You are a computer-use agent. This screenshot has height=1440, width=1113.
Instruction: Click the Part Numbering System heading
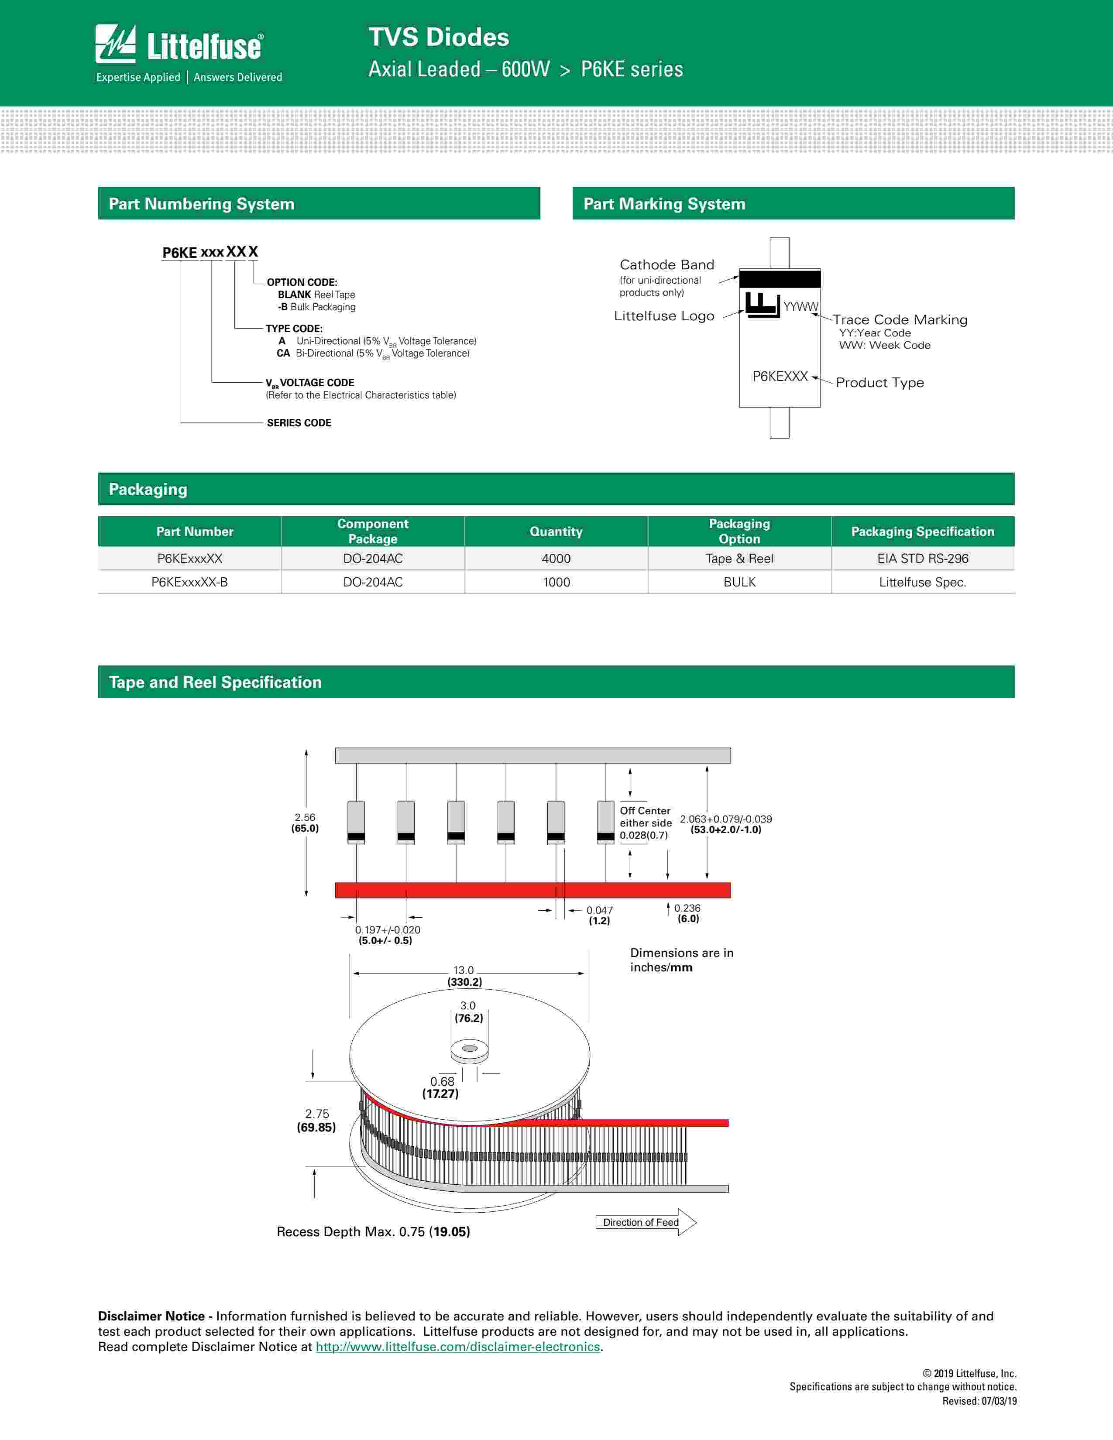pos(202,204)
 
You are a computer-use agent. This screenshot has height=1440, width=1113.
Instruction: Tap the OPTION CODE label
pos(302,282)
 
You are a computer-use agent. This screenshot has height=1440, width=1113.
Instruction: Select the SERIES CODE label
pos(299,423)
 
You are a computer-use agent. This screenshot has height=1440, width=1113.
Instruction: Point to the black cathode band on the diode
pos(780,279)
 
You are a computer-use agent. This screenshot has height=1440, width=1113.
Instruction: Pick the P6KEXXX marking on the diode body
pos(780,377)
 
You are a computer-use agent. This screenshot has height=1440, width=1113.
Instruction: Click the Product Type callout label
pos(879,382)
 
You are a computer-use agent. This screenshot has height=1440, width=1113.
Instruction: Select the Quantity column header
pos(556,531)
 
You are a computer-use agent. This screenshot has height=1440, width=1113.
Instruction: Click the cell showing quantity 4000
pos(556,559)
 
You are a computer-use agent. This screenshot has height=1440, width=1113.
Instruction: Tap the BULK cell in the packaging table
pos(739,582)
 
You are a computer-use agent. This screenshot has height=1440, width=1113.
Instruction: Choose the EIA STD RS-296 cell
pos(922,559)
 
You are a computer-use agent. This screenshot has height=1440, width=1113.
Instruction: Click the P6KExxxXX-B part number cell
pos(189,582)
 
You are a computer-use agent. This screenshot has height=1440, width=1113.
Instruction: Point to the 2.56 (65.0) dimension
pos(305,823)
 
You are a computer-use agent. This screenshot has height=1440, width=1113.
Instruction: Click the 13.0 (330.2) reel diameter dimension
pos(464,976)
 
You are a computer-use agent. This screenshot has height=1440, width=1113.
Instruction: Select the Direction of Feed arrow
pos(646,1222)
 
